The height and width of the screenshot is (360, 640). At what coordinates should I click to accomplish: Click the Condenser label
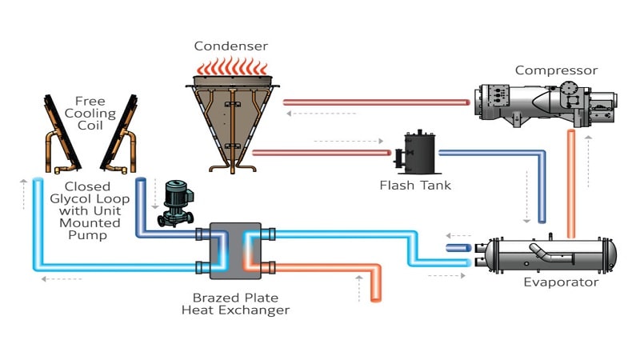[x=231, y=46]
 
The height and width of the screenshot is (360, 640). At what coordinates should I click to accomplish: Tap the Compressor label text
[x=556, y=70]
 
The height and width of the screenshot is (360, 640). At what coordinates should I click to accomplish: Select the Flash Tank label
[x=415, y=186]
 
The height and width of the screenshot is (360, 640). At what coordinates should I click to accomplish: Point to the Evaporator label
[x=562, y=282]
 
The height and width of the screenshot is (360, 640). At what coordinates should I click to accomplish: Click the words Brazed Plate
[x=235, y=298]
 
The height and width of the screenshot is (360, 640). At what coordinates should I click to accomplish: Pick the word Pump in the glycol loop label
[x=87, y=235]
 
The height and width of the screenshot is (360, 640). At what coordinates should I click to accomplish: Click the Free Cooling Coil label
[x=90, y=113]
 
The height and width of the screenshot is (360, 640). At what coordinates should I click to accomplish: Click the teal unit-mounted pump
[x=175, y=203]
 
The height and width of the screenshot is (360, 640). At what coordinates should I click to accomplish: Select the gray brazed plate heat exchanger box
[x=235, y=250]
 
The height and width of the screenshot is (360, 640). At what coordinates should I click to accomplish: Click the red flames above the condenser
[x=232, y=66]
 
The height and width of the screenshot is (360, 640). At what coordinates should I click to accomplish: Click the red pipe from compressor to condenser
[x=376, y=102]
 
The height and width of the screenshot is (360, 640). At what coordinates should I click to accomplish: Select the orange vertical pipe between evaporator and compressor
[x=571, y=184]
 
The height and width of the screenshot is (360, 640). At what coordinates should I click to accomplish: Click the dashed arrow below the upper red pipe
[x=322, y=114]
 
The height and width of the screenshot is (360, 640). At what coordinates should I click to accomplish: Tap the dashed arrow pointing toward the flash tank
[x=349, y=142]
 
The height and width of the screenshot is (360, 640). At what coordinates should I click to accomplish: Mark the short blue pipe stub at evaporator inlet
[x=458, y=248]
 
